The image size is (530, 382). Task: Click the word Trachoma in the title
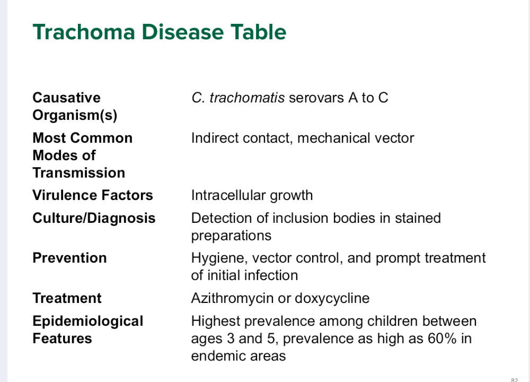(84, 32)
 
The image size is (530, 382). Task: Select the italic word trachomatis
(247, 98)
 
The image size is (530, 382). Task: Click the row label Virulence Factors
(93, 195)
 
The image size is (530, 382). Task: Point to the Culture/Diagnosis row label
(94, 218)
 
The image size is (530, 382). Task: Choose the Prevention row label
(69, 258)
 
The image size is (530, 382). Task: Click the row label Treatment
(67, 298)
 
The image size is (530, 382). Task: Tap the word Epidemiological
(88, 322)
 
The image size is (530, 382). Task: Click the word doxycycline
(332, 298)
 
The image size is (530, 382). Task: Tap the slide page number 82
(515, 380)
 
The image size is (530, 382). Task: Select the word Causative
(67, 98)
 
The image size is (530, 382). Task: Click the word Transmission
(79, 173)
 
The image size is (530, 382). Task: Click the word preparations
(231, 236)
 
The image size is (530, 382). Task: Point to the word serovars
(317, 98)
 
